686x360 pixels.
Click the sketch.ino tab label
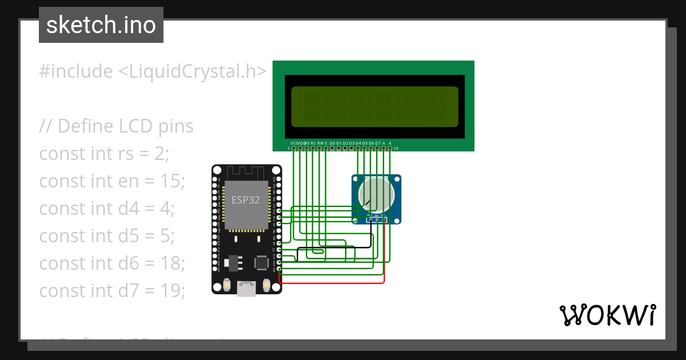101,25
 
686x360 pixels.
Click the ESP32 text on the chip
245,200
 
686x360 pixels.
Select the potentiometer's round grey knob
376,194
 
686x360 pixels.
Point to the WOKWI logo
607,315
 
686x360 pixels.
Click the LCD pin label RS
313,143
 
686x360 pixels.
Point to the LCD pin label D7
378,143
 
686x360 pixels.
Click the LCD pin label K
390,143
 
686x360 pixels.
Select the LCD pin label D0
332,143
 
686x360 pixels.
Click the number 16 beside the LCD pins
396,149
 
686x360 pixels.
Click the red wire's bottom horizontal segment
332,282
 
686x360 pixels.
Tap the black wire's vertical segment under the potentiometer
371,234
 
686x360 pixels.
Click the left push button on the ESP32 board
228,284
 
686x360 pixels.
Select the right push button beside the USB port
266,284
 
